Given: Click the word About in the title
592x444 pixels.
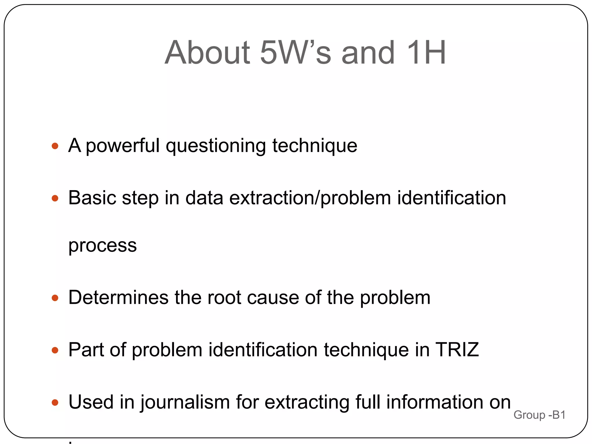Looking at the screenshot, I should click(207, 53).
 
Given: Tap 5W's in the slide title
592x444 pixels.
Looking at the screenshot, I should click(295, 53).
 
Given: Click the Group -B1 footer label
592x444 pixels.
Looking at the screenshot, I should click(539, 415).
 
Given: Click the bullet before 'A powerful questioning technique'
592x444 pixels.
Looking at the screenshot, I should click(55, 146).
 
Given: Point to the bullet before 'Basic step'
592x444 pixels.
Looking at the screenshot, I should click(55, 198).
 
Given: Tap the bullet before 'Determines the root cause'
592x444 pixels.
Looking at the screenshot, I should click(55, 298).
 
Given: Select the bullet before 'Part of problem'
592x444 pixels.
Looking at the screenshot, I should click(55, 350).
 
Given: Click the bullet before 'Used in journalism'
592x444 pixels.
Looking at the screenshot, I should click(55, 402).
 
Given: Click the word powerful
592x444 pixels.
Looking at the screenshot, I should click(123, 146).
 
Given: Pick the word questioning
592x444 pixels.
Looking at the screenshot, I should click(216, 146).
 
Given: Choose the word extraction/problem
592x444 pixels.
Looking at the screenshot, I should click(310, 198).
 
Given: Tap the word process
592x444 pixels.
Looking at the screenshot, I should click(102, 246).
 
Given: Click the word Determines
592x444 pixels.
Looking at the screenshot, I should click(118, 298).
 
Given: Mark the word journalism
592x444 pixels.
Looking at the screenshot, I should click(185, 402).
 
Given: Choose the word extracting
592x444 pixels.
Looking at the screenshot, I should click(306, 402).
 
